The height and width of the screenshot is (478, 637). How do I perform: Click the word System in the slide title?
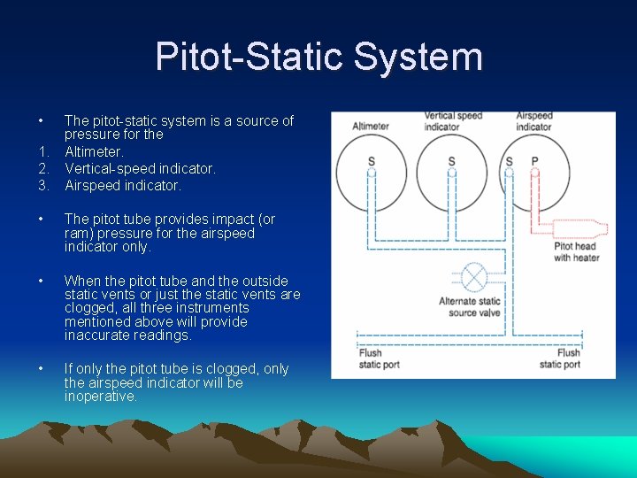pos(418,57)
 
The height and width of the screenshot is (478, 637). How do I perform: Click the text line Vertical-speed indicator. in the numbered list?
pos(140,168)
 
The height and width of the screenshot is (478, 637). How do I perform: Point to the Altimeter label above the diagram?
pos(371,127)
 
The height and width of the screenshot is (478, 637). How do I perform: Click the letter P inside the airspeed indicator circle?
pos(534,161)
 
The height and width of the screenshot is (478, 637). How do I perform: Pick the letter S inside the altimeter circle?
pos(372,161)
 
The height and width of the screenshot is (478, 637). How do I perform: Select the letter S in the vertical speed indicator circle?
pos(451,161)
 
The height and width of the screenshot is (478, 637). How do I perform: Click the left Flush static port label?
pos(371,358)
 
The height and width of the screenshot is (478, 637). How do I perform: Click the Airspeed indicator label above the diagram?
pos(533,121)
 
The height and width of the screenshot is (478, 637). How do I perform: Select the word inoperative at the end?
pos(101,397)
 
